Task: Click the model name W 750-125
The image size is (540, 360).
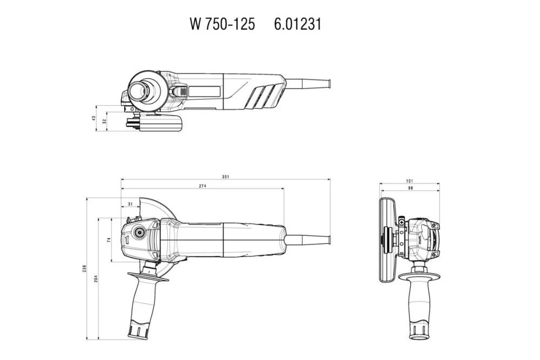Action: pyautogui.click(x=222, y=24)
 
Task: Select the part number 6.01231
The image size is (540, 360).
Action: pyautogui.click(x=298, y=24)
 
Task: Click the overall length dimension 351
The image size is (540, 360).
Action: pyautogui.click(x=226, y=176)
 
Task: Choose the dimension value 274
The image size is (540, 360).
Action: pyautogui.click(x=202, y=186)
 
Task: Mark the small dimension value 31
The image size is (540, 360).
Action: pyautogui.click(x=130, y=204)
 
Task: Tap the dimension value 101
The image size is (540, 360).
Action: pyautogui.click(x=409, y=180)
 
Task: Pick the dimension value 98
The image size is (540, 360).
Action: pyautogui.click(x=409, y=188)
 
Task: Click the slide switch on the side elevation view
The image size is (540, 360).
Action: pyautogui.click(x=183, y=92)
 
